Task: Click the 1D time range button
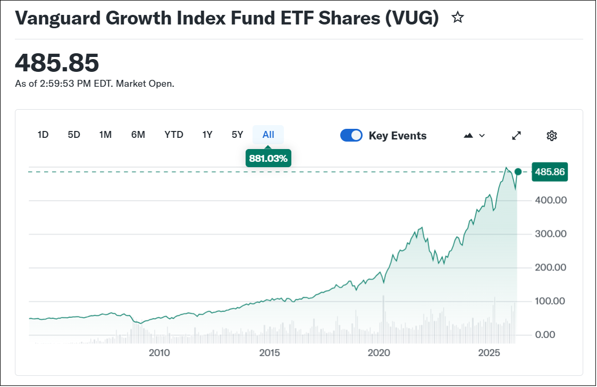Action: [x=43, y=135]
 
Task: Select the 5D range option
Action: [x=74, y=135]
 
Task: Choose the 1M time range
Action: [x=105, y=135]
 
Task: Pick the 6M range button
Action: [x=138, y=135]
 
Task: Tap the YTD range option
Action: [x=174, y=135]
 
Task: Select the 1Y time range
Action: [x=207, y=135]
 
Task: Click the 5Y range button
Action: [x=238, y=135]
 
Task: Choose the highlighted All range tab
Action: [x=268, y=135]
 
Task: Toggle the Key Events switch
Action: [x=351, y=135]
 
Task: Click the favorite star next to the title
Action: [x=457, y=18]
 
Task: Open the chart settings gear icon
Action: [x=552, y=136]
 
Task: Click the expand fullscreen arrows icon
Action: [x=516, y=136]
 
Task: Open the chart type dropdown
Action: [x=474, y=136]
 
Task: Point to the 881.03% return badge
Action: [x=268, y=158]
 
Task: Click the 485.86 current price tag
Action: [x=550, y=172]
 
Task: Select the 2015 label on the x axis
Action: [x=270, y=352]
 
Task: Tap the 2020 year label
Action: [x=380, y=352]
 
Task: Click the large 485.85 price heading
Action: [x=57, y=63]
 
